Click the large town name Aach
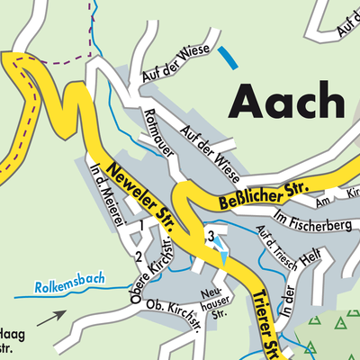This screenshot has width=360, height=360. pyautogui.click(x=286, y=101)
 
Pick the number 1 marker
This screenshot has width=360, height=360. pyautogui.click(x=140, y=224)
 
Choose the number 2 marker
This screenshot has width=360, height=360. pyautogui.click(x=138, y=257)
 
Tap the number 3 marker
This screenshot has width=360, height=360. pyautogui.click(x=210, y=236)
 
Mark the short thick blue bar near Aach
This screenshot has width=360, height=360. pyautogui.click(x=229, y=58)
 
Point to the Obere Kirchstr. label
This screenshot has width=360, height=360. pyautogui.click(x=152, y=270)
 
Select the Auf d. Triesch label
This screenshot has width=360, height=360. pyautogui.click(x=275, y=241)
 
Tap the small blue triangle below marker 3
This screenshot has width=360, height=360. pyautogui.click(x=223, y=259)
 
